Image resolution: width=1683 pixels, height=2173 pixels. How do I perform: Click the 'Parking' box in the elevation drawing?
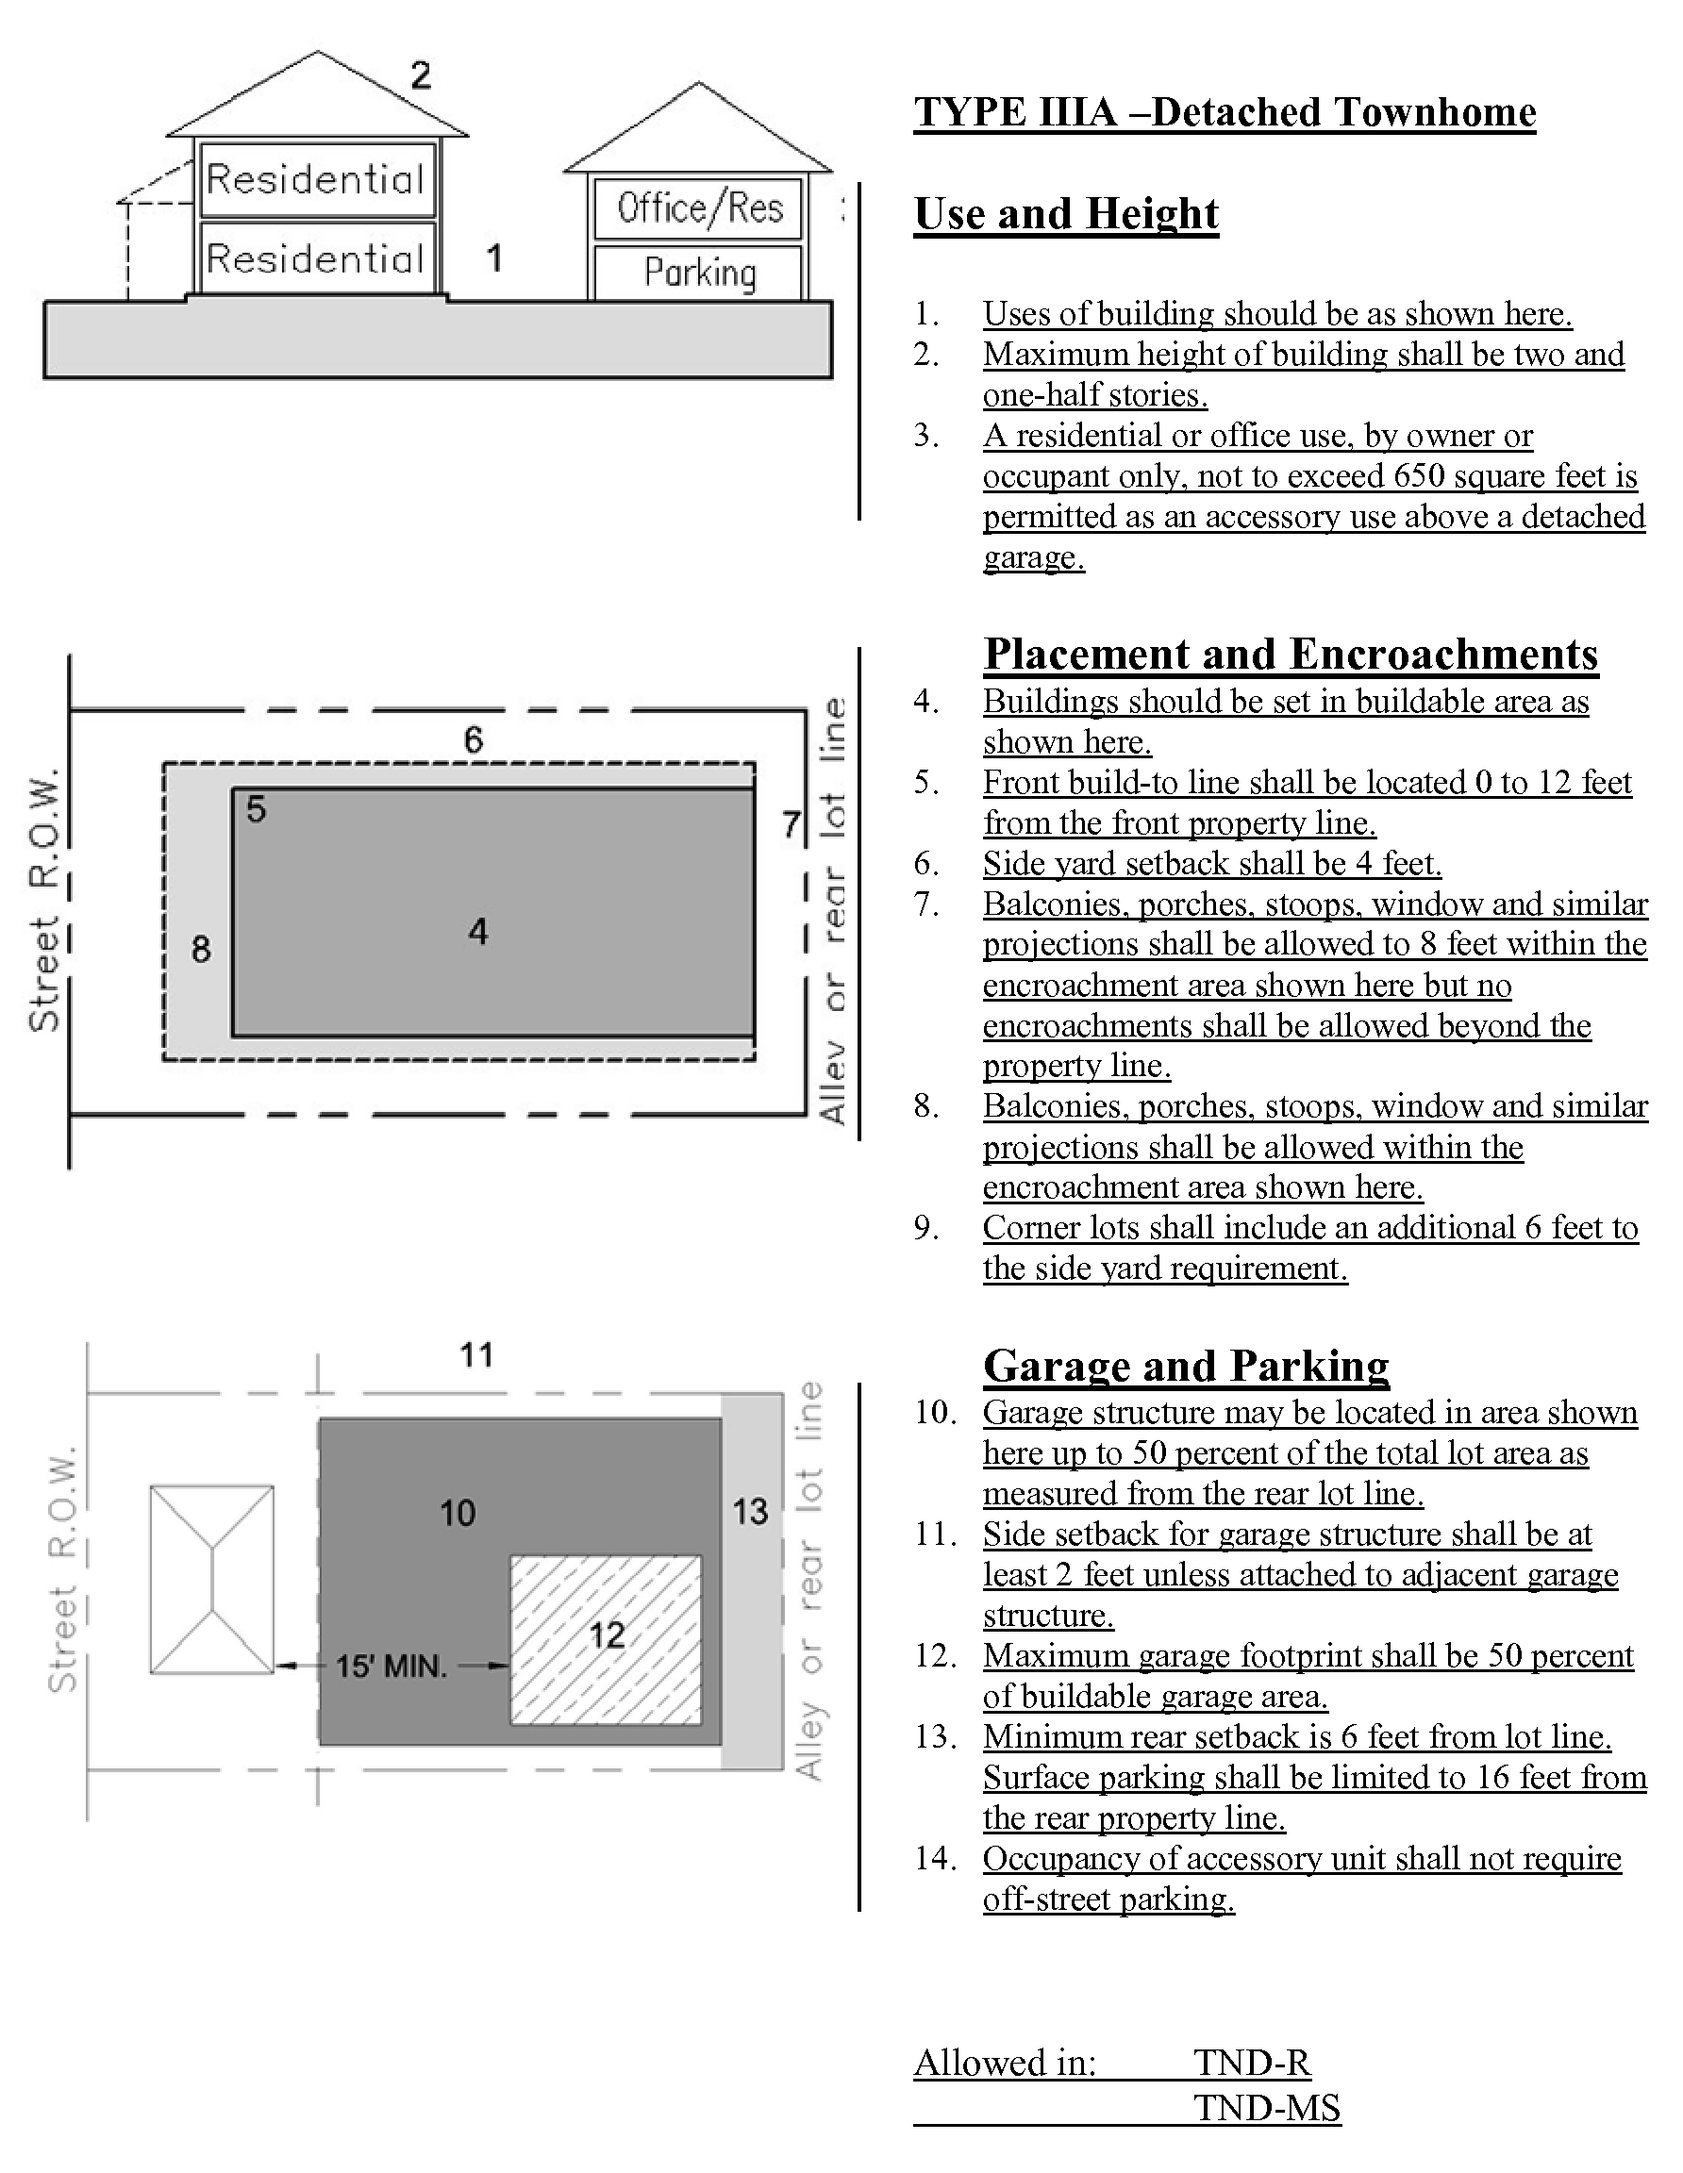pos(700,272)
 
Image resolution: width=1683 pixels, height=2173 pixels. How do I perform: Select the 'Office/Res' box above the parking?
pos(700,207)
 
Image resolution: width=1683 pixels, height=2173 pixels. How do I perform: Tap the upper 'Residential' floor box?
pos(315,179)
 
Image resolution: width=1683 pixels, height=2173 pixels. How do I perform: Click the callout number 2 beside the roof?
pos(421,75)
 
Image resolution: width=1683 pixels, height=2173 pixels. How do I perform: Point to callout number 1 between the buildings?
pos(494,258)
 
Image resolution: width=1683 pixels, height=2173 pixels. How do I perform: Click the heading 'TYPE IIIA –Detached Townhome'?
pos(1225,112)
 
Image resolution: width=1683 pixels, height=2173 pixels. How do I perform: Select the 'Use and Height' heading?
pos(1066,214)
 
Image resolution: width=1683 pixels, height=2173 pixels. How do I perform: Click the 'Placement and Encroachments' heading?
pos(1290,655)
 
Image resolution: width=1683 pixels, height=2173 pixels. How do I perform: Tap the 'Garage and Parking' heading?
pos(1186,1366)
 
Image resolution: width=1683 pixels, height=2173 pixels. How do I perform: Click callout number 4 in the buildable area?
pos(478,932)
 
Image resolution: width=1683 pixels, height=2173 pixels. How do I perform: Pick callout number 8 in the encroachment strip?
pos(201,949)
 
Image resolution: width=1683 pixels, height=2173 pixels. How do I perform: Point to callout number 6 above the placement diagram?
pos(474,739)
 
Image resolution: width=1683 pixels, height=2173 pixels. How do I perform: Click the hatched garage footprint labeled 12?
pos(606,1638)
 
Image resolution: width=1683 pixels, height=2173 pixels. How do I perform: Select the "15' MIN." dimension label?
pos(392,1666)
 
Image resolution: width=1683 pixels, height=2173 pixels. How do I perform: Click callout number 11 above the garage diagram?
pos(476,1355)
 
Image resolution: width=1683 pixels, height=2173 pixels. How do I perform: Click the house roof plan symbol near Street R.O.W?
pos(212,1579)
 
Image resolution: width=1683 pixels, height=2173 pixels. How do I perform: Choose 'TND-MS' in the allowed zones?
pos(1267,2107)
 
